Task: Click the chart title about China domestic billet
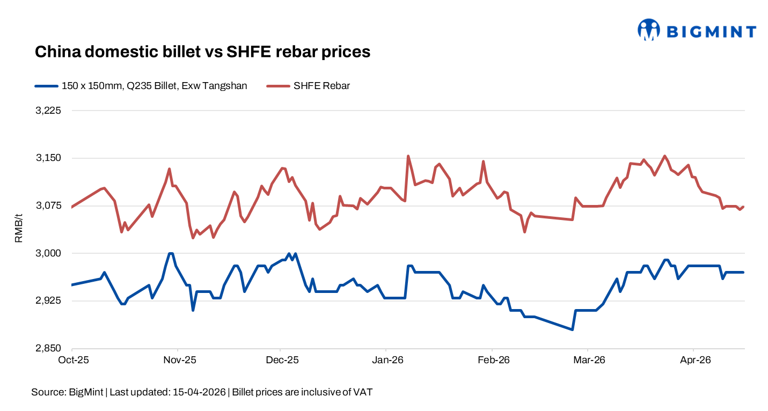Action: click(202, 52)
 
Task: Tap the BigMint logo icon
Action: click(648, 30)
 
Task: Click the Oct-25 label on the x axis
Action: click(72, 360)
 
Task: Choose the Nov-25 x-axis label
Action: click(179, 360)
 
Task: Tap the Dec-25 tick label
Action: click(282, 360)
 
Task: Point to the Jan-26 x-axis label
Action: click(387, 360)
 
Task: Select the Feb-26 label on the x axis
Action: click(493, 360)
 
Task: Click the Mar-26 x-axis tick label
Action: click(589, 360)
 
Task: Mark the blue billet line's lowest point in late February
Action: click(573, 329)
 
